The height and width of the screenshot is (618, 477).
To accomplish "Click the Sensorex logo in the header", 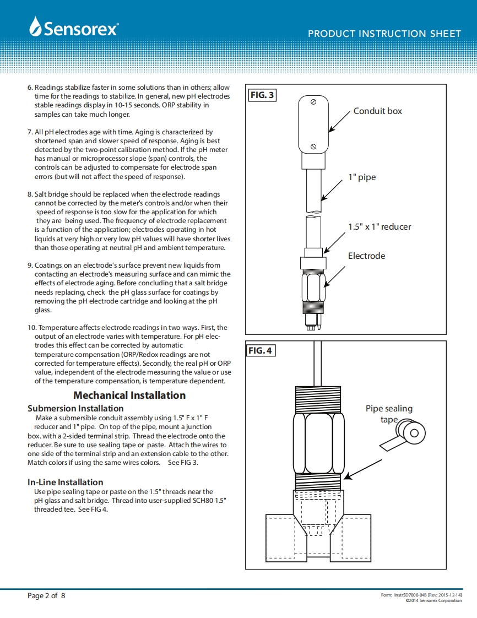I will click(x=74, y=28).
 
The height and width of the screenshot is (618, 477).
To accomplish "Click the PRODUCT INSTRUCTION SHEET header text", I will click(x=384, y=34).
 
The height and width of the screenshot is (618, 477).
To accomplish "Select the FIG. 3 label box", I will click(x=262, y=95).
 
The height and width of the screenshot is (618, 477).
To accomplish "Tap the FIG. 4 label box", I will click(x=261, y=350).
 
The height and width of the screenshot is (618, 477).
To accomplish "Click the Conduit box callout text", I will click(x=377, y=111).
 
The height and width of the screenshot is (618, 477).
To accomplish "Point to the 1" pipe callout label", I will click(x=362, y=177).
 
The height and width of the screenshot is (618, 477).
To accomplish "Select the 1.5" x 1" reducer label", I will click(x=379, y=226).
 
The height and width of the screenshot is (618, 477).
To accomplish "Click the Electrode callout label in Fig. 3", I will click(x=366, y=256).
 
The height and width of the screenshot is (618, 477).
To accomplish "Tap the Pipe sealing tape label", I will click(x=389, y=414).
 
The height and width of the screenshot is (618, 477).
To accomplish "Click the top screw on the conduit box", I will click(x=313, y=102).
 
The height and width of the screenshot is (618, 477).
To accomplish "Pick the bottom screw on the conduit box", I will click(x=313, y=146).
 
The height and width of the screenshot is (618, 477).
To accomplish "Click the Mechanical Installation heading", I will click(x=129, y=395).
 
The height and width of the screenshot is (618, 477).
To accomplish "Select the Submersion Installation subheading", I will click(x=75, y=408).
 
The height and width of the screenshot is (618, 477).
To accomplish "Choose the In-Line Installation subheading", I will click(x=65, y=482).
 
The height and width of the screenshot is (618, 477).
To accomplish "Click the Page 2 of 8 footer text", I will click(x=46, y=595).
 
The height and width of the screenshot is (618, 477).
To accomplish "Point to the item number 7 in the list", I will click(x=30, y=132).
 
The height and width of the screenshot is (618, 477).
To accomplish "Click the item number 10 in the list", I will click(x=31, y=328).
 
